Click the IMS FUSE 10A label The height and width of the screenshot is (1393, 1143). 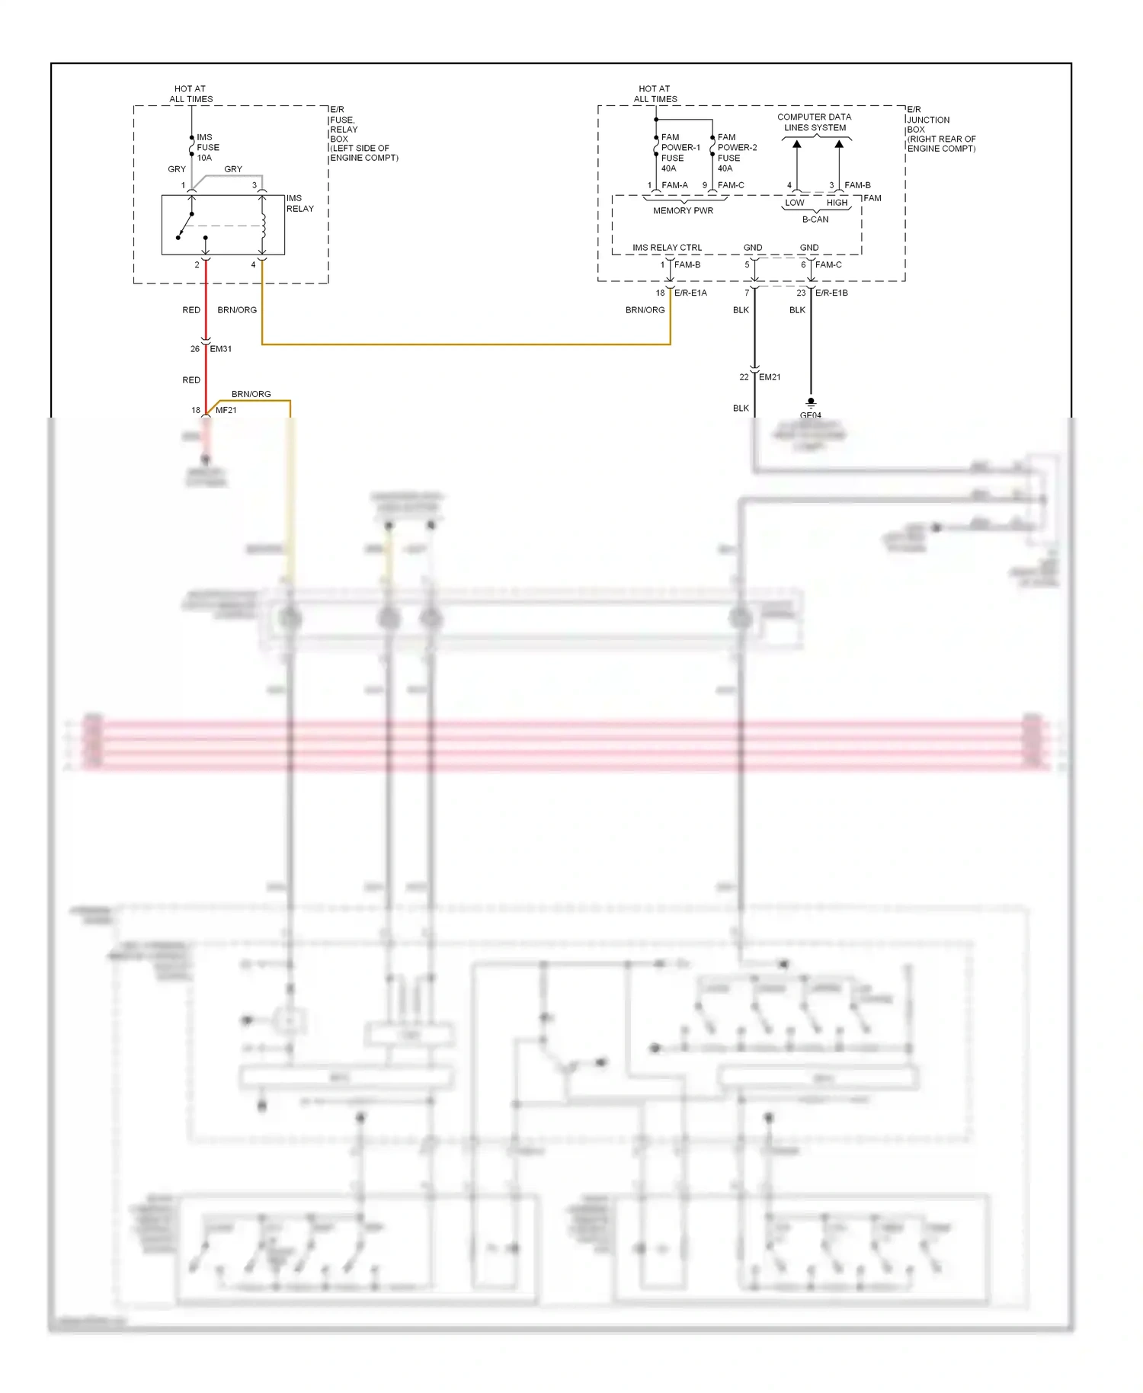point(207,148)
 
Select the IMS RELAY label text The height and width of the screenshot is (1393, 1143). point(299,203)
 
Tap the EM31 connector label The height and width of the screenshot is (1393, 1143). point(220,349)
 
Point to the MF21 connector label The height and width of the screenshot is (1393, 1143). point(226,410)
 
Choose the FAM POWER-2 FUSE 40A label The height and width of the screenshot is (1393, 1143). point(736,153)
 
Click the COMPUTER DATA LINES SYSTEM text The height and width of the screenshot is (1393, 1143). point(815,123)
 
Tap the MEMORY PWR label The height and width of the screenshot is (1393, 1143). point(683,211)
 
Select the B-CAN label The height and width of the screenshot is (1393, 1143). point(815,219)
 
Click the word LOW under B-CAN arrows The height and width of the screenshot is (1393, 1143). point(795,203)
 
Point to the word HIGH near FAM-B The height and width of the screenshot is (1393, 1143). point(837,203)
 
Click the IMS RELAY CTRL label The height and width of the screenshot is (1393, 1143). point(667,248)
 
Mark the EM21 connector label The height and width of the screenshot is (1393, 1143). point(770,377)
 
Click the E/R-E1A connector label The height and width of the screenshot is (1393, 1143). point(690,293)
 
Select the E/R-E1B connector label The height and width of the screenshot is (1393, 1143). point(831,293)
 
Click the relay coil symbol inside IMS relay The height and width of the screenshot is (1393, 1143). point(263,226)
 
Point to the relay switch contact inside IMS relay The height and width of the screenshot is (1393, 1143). point(184,226)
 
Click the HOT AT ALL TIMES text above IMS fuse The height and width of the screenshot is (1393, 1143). point(190,94)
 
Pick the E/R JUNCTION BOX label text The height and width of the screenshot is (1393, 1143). point(940,129)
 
